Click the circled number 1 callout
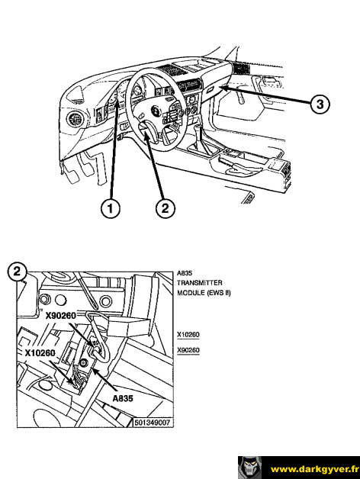110,208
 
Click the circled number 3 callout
320,104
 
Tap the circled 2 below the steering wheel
166,208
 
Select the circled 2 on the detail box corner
17,272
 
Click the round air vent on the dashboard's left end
75,120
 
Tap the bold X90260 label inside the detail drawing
61,316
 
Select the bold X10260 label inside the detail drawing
40,353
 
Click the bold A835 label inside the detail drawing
123,398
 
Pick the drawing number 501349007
153,423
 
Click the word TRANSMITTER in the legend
200,282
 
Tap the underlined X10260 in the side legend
188,335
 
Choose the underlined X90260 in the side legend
188,350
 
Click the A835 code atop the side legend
185,273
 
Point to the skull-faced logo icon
249,468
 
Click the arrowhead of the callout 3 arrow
223,88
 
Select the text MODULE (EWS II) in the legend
204,293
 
